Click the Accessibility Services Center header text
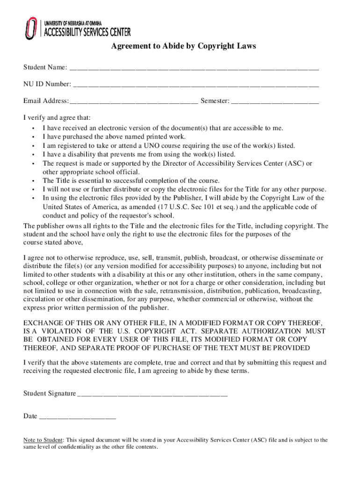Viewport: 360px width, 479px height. (87, 32)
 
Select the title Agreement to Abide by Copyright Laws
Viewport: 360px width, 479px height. (183, 46)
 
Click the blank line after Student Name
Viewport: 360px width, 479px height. (194, 69)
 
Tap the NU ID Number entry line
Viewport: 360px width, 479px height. (196, 85)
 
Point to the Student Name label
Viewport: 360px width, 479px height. (45, 68)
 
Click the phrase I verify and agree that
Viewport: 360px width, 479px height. (57, 117)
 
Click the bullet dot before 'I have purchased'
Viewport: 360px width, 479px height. (33, 137)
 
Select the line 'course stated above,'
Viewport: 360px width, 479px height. (53, 242)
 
